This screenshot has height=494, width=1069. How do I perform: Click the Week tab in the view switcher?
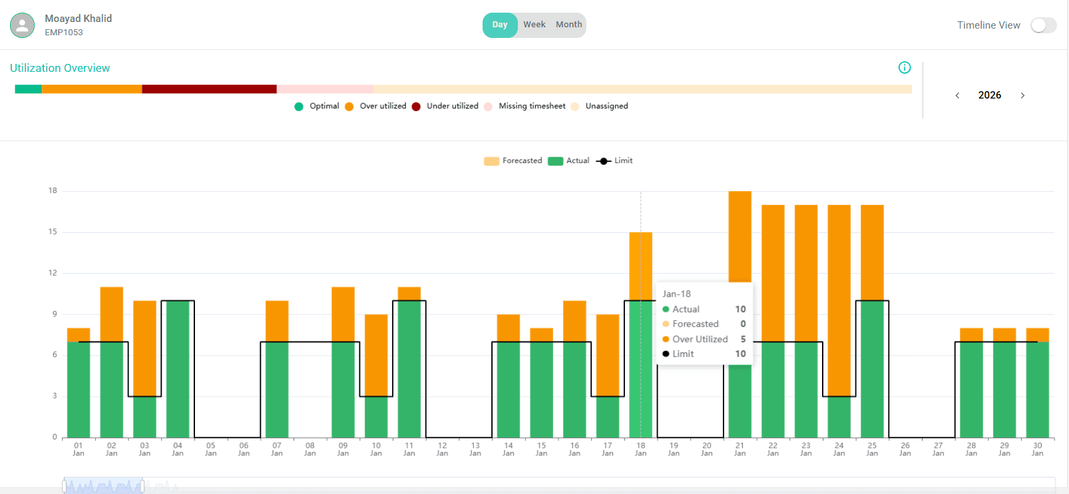534,25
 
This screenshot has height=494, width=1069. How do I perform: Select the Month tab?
568,25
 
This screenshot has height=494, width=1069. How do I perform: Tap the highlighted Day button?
500,25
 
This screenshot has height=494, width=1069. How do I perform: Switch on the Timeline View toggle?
1043,25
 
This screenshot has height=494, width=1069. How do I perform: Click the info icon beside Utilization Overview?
905,67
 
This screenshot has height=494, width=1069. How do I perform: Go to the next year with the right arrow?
1022,95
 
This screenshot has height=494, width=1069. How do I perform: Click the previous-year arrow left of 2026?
957,95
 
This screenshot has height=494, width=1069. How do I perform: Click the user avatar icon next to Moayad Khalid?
22,25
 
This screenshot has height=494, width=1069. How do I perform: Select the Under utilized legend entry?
452,106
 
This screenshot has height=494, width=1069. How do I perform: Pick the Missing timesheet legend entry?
531,106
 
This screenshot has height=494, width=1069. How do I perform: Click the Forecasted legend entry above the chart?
522,160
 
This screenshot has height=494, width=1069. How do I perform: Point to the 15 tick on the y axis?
53,232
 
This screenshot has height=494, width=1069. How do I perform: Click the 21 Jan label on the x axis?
740,449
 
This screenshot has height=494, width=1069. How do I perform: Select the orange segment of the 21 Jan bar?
740,236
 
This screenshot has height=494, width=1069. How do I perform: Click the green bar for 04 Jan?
178,370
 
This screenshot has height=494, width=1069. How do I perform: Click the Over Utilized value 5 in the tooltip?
743,339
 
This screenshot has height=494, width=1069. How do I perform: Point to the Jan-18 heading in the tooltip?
676,294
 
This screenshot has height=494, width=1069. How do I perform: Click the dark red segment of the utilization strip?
209,89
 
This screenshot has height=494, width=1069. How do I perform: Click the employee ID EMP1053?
64,32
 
